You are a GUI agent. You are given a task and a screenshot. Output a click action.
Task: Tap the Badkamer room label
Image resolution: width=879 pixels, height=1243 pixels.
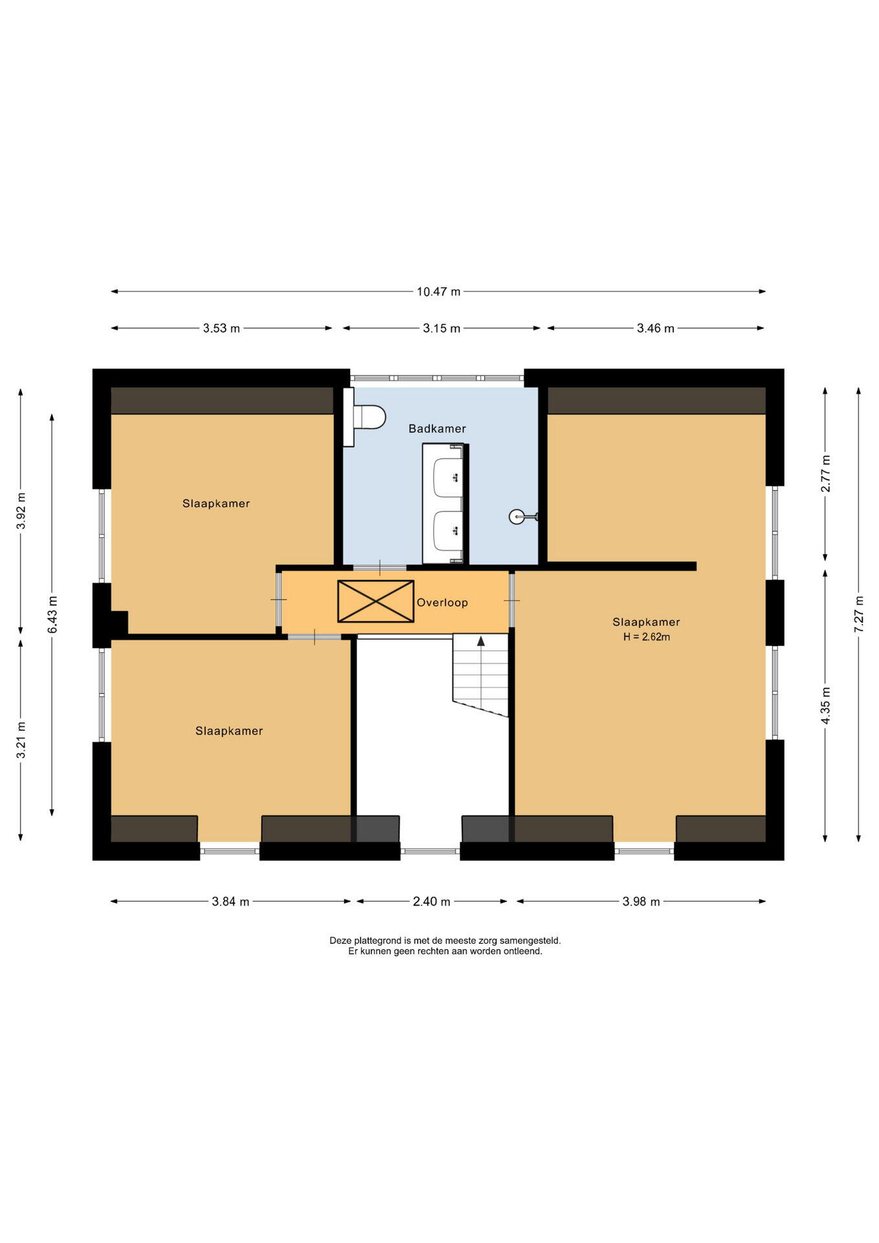click(437, 429)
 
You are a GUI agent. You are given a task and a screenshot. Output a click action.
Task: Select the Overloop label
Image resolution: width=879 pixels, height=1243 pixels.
click(442, 603)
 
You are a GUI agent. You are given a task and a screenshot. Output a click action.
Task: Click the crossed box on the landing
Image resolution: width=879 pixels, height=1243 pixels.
click(375, 601)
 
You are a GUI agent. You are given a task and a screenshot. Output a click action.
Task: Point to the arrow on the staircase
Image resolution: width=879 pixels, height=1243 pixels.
click(481, 641)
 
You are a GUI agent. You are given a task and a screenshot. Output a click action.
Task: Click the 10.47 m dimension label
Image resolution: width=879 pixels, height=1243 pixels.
click(438, 292)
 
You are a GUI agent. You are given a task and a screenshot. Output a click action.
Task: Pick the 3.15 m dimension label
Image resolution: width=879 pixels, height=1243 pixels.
click(441, 329)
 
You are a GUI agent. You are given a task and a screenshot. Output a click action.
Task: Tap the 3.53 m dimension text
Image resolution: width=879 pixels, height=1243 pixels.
click(221, 329)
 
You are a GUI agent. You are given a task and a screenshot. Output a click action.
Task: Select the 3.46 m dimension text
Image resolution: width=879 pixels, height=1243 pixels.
click(656, 329)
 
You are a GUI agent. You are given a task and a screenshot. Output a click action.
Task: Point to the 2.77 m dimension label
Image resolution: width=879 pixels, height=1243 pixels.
click(825, 473)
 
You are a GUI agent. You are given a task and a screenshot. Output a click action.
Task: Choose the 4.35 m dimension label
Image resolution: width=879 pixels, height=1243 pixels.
click(825, 706)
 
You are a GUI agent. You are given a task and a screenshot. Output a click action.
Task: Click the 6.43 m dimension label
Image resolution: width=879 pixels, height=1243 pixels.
click(52, 615)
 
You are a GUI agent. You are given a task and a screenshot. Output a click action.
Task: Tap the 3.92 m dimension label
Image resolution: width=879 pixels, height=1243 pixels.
click(21, 511)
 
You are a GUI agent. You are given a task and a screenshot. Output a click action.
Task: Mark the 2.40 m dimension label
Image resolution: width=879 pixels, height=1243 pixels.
click(432, 902)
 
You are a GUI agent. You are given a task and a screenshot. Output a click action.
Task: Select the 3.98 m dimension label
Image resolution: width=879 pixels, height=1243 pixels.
click(641, 902)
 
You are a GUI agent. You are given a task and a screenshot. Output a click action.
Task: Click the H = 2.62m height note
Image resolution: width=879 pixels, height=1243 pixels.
click(647, 637)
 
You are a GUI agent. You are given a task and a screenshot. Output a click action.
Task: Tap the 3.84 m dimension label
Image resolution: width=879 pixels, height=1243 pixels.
click(230, 902)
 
